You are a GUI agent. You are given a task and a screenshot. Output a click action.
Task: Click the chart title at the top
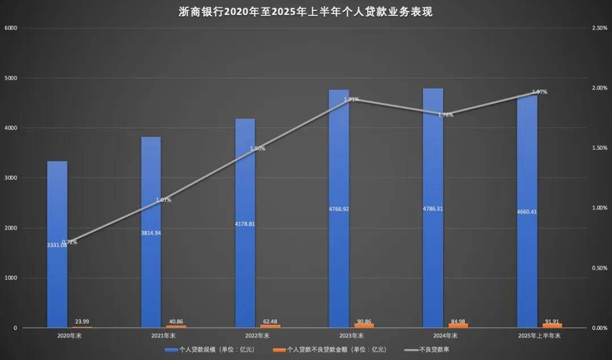click(x=305, y=11)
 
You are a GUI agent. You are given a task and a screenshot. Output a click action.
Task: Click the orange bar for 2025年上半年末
click(x=552, y=325)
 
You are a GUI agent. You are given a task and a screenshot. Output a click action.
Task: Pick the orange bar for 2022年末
click(x=270, y=326)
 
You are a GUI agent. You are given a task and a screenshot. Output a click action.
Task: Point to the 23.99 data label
click(x=82, y=321)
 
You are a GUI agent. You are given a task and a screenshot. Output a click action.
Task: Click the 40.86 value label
click(x=176, y=320)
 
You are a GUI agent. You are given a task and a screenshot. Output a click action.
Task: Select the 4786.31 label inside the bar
click(x=433, y=209)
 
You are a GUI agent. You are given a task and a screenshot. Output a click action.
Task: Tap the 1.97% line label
click(x=539, y=92)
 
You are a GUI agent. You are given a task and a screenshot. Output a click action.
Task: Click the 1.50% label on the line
click(x=257, y=149)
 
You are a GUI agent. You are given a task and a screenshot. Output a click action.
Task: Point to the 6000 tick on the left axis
click(x=11, y=28)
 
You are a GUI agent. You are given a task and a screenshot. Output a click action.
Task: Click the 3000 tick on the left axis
click(x=11, y=178)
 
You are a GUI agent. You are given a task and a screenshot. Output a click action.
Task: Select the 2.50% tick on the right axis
click(x=599, y=28)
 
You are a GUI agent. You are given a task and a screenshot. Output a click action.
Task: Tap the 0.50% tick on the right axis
click(x=599, y=268)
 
